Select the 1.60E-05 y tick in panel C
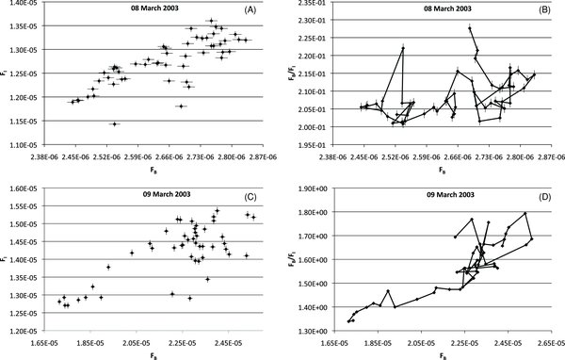coord(19,189)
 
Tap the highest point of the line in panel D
coord(525,214)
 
